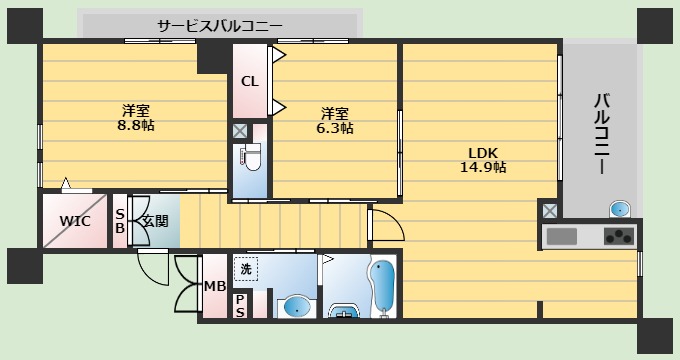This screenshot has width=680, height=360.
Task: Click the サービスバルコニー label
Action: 220,25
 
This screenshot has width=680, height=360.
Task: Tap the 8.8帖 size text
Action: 136,126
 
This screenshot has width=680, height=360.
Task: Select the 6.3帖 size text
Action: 335,128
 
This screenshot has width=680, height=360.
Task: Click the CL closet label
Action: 250,82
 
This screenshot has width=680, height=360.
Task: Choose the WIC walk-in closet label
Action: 75,220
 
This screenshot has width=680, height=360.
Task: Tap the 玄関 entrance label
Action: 154,220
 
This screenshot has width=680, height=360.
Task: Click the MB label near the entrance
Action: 214,287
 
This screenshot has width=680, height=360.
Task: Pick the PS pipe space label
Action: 241,305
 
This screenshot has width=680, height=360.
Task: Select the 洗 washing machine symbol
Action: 246,268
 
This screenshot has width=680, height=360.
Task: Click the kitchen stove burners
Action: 618,237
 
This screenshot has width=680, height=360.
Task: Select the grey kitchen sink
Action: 562,237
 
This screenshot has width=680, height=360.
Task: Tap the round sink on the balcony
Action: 620,209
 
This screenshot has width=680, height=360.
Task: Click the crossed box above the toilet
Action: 241,131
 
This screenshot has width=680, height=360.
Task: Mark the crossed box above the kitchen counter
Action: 549,210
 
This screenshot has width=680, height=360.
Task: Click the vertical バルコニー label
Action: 602,135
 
